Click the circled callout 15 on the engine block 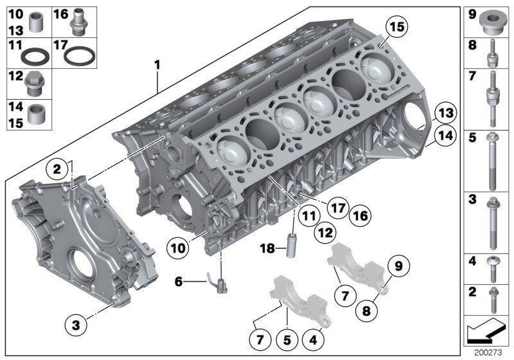[x=397, y=27]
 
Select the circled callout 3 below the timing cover [x=75, y=326]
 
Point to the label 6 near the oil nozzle [x=179, y=280]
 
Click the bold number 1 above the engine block [x=156, y=65]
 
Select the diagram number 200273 [x=488, y=352]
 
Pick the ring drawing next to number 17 [x=80, y=55]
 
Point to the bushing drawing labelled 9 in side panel [x=492, y=22]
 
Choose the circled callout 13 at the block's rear [x=443, y=113]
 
